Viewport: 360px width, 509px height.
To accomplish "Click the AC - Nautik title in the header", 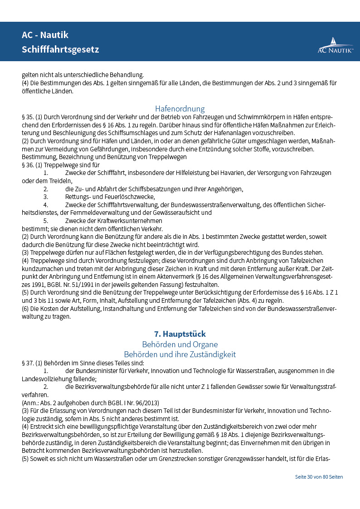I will [x=45, y=35].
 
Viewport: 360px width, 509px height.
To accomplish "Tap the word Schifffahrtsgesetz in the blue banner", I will [x=60, y=49].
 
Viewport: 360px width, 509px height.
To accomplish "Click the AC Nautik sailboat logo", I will [x=335, y=46].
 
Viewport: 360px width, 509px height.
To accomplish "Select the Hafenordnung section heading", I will [x=180, y=109].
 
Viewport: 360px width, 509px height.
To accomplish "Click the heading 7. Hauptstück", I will [x=180, y=334].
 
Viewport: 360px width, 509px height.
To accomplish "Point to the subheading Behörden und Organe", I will [x=180, y=344].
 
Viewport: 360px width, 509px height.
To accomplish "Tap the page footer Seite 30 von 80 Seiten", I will [x=319, y=477].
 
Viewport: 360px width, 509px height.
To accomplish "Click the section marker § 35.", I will [x=27, y=117].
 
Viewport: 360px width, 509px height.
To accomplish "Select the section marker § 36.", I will [x=27, y=165].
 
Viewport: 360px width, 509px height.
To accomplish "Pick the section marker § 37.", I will [x=27, y=363].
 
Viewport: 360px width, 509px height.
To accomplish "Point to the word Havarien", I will [x=247, y=173].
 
